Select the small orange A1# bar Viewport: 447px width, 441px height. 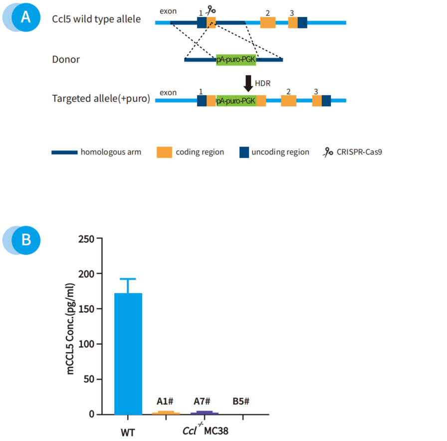(x=167, y=413)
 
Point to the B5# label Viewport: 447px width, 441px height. (x=241, y=402)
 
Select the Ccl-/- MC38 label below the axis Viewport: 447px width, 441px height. (x=205, y=430)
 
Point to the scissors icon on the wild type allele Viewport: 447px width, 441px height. (x=212, y=10)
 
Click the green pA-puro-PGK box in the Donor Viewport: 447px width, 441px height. (x=236, y=60)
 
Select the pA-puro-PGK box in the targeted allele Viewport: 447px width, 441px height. (x=236, y=101)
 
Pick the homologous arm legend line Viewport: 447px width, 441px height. (x=64, y=152)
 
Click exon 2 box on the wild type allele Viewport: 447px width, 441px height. (x=268, y=22)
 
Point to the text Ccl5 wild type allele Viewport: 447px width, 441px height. (x=96, y=19)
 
